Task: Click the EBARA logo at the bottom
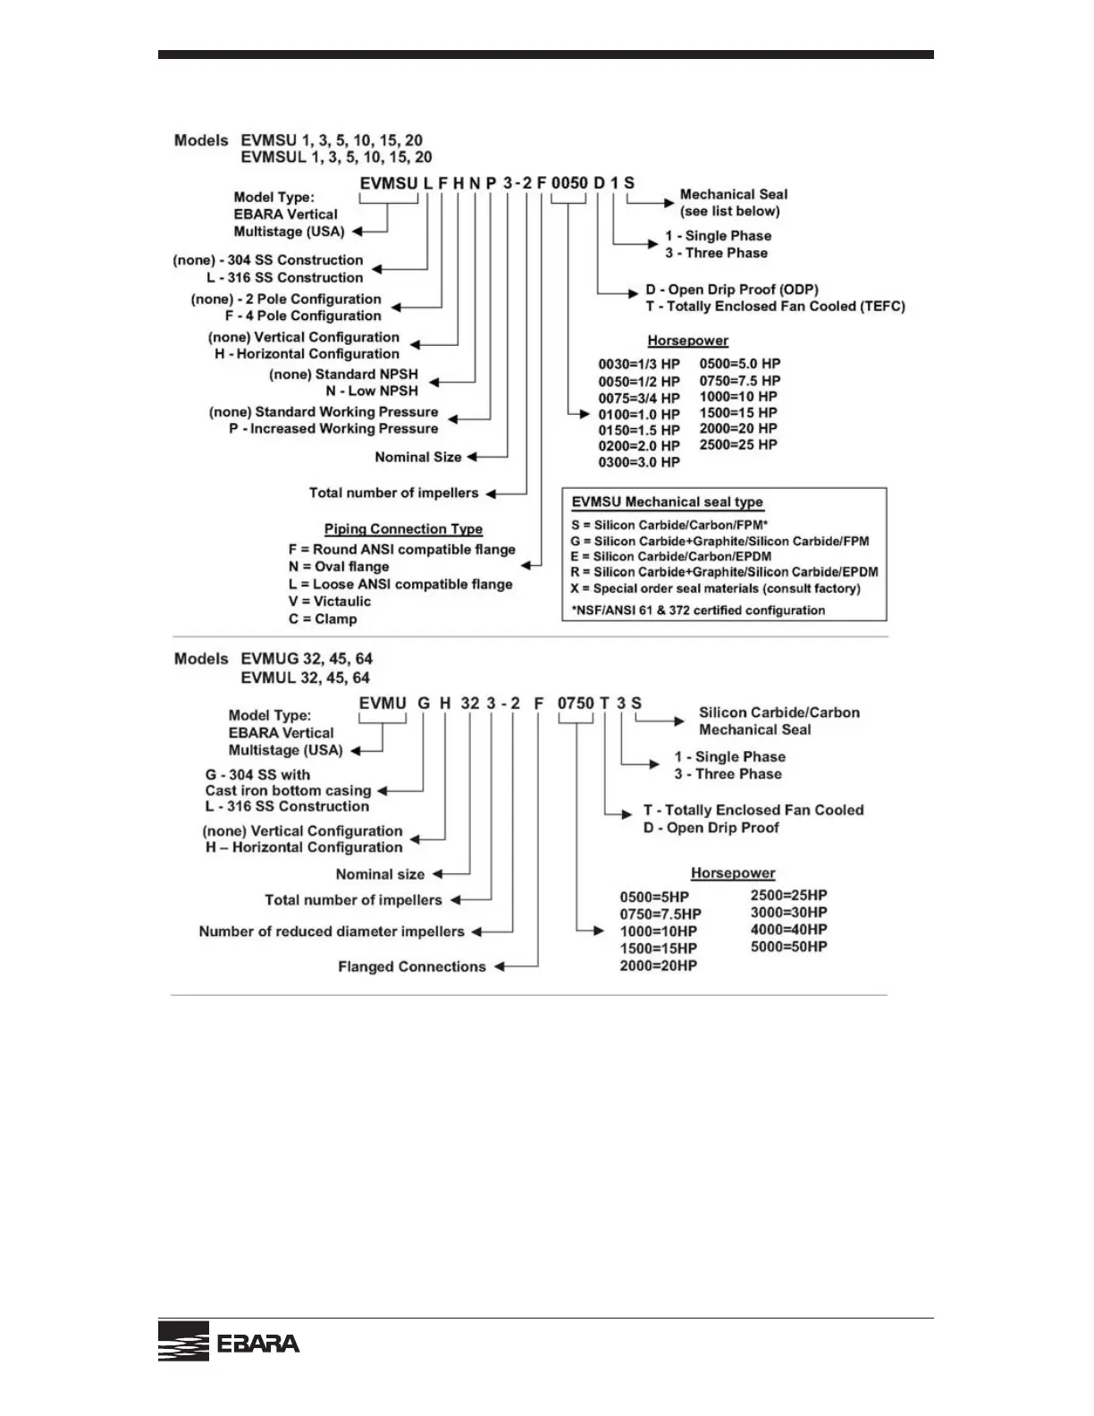pyautogui.click(x=229, y=1342)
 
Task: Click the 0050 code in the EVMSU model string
pyautogui.click(x=569, y=183)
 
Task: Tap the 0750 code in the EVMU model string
pyautogui.click(x=576, y=704)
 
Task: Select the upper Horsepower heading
pyautogui.click(x=687, y=341)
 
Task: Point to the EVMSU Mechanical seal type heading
pyautogui.click(x=667, y=502)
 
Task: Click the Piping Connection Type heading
pyautogui.click(x=403, y=529)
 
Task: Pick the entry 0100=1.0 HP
pyautogui.click(x=639, y=414)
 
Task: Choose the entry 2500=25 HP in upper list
pyautogui.click(x=738, y=444)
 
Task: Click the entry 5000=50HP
pyautogui.click(x=788, y=947)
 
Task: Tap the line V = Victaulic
pyautogui.click(x=329, y=602)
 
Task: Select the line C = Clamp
pyautogui.click(x=323, y=619)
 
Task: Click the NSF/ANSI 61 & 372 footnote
pyautogui.click(x=698, y=611)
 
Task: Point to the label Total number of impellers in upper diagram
pyautogui.click(x=393, y=493)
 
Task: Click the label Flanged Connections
pyautogui.click(x=412, y=966)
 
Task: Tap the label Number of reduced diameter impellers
pyautogui.click(x=332, y=931)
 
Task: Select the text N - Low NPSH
pyautogui.click(x=371, y=391)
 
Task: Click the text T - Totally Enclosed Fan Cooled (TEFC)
pyautogui.click(x=775, y=306)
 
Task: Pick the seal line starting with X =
pyautogui.click(x=716, y=588)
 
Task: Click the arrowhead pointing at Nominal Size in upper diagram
pyautogui.click(x=473, y=457)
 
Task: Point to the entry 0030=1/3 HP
pyautogui.click(x=639, y=365)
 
